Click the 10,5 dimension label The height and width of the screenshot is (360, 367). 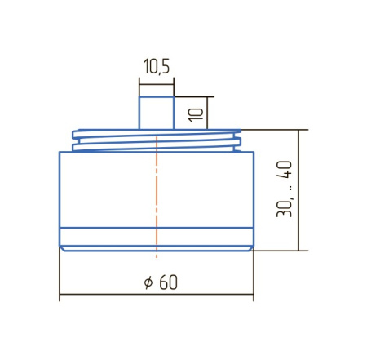(157, 66)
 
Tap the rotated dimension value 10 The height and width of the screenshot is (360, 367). (196, 115)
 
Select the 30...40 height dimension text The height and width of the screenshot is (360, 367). (284, 189)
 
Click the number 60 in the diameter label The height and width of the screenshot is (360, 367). (168, 282)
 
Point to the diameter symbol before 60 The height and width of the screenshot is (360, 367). (148, 282)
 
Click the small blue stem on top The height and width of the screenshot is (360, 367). (157, 113)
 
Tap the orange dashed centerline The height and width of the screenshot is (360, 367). (157, 197)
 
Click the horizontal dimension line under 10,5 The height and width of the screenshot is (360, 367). (157, 84)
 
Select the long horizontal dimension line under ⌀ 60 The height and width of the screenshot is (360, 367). (157, 294)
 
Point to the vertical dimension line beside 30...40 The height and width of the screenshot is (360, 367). (299, 190)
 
